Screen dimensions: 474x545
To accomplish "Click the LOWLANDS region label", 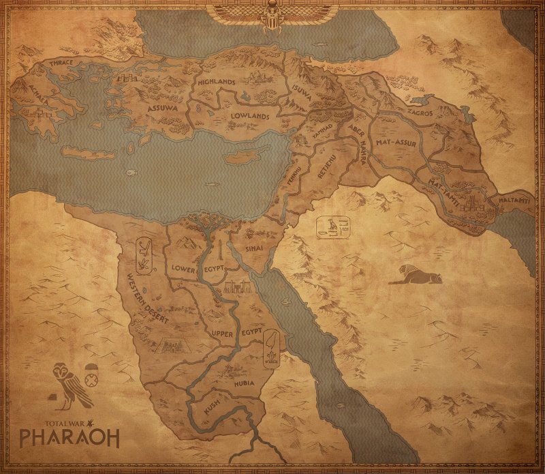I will tap(249, 117).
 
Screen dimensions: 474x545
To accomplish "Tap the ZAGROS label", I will tap(419, 113).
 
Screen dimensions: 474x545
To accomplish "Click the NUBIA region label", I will tap(244, 383).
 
